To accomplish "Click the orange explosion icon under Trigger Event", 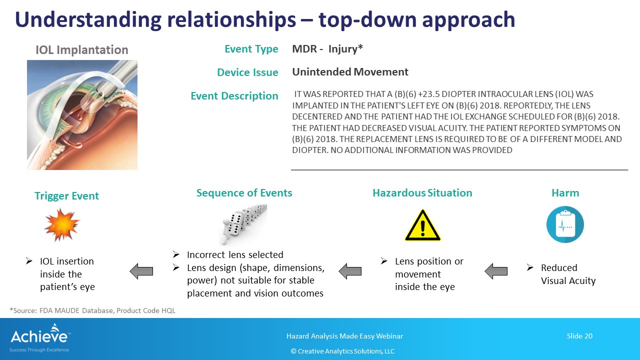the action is tap(61, 224).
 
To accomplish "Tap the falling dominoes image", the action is tap(243, 224).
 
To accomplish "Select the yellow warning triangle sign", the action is tap(423, 225).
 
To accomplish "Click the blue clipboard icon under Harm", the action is tap(565, 224).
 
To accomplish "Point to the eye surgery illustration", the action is tap(82, 115).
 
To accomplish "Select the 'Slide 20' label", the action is tap(579, 336).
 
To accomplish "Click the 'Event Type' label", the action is tap(251, 49).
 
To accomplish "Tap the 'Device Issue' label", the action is tap(247, 72).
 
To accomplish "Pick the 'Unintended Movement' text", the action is tap(350, 71).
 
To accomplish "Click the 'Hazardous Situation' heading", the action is tap(422, 193).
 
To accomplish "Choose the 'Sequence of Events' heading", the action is tap(244, 193).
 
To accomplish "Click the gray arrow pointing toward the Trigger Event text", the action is tap(141, 271).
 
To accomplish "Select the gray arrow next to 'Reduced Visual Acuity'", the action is tap(496, 271).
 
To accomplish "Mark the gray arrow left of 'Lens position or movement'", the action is tap(350, 271).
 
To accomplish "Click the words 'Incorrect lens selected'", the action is tap(235, 254).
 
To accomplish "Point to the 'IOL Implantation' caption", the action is tap(81, 49).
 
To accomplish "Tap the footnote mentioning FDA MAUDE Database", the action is tap(92, 310).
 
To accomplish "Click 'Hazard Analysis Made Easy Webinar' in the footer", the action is tap(345, 336).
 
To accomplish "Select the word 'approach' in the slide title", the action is tap(468, 20).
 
